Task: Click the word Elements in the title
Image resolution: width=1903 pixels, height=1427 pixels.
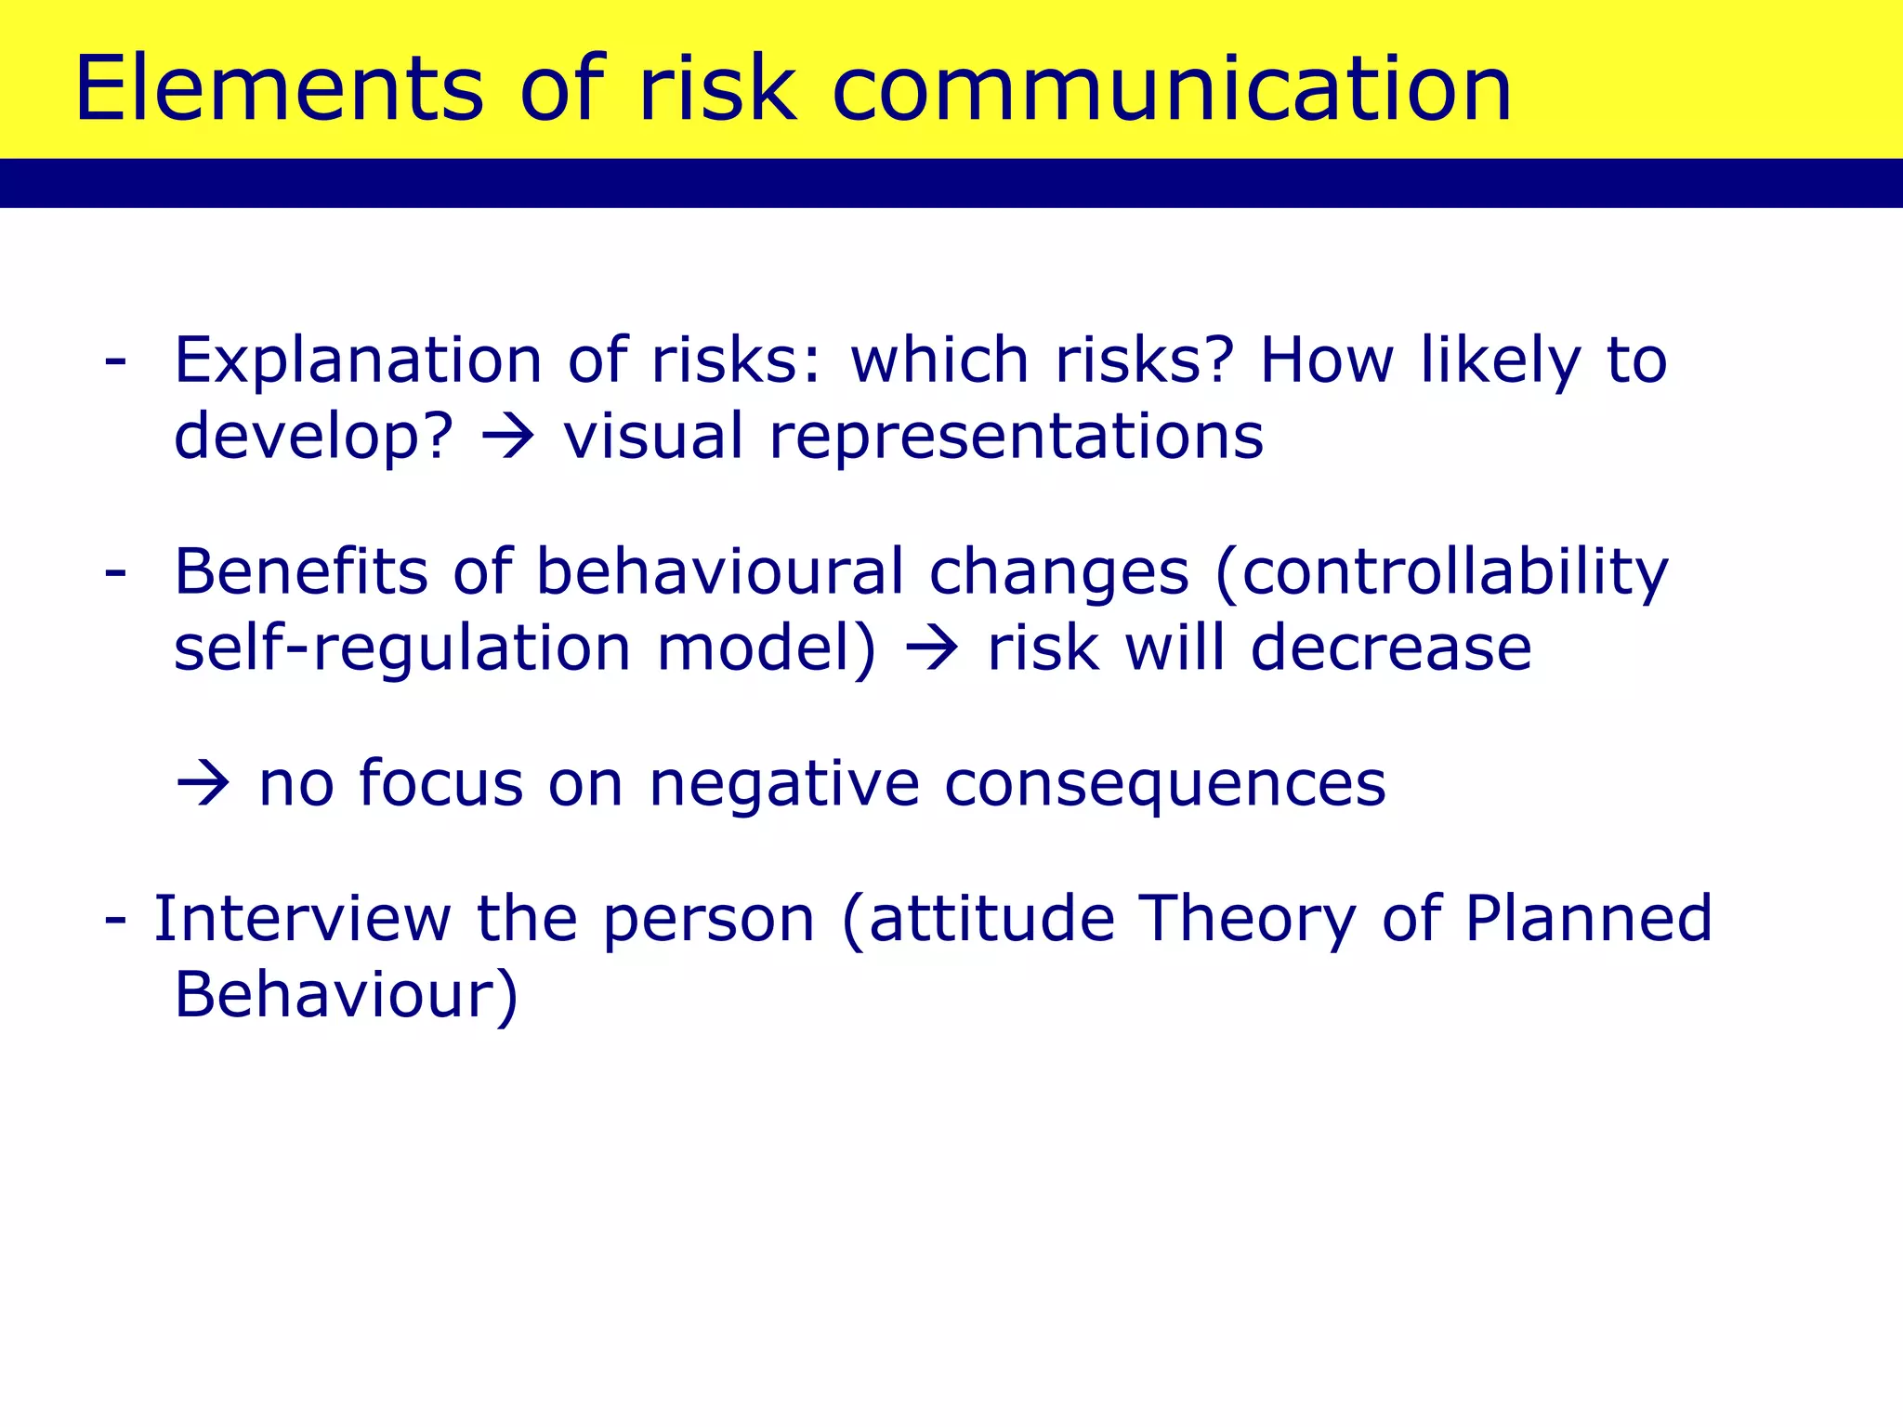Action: click(x=279, y=89)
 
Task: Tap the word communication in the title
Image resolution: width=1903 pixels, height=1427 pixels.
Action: click(x=1172, y=89)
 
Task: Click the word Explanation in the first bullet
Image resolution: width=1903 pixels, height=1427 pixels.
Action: click(x=358, y=360)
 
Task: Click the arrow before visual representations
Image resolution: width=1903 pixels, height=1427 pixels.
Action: click(x=508, y=437)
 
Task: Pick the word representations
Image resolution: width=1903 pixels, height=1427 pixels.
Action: click(x=1017, y=437)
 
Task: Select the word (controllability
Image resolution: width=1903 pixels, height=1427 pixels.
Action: click(x=1441, y=573)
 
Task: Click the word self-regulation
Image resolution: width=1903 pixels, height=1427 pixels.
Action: click(x=402, y=648)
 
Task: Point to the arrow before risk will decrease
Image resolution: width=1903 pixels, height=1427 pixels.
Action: click(x=931, y=648)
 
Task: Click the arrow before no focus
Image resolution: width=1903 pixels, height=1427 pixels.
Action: click(x=203, y=784)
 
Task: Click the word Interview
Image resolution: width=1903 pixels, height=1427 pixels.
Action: click(x=302, y=919)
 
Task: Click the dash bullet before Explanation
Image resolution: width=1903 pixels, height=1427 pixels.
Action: click(x=115, y=360)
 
